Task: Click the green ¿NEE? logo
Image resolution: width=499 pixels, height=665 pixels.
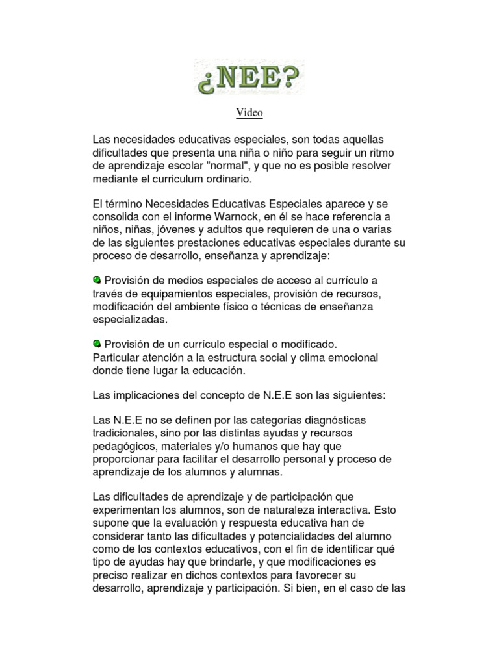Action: [249, 77]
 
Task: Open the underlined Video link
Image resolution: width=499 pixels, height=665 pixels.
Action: [249, 113]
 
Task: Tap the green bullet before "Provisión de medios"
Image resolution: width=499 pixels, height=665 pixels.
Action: [97, 280]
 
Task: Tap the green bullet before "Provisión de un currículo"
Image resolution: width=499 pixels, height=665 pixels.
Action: [97, 344]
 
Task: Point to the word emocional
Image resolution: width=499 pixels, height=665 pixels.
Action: [351, 357]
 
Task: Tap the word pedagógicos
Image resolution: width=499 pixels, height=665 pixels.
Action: [123, 446]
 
